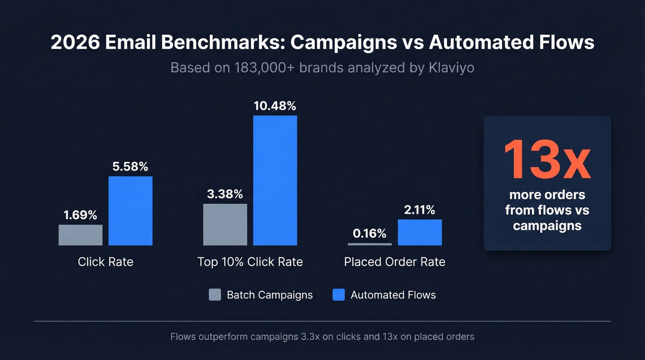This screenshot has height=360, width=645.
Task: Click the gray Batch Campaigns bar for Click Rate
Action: (81, 235)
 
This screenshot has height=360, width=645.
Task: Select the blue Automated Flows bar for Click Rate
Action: (130, 211)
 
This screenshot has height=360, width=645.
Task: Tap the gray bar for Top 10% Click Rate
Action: (225, 224)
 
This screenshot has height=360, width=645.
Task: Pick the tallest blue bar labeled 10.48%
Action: (275, 180)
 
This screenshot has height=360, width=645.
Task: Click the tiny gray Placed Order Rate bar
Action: (369, 244)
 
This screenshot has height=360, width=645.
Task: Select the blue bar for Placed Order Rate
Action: (420, 232)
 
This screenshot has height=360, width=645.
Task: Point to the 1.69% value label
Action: (80, 215)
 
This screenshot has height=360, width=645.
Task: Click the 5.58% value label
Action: (130, 166)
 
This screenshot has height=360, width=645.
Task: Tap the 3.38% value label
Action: (225, 194)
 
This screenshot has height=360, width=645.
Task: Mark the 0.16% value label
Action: (369, 234)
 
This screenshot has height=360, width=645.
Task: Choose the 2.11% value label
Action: (419, 210)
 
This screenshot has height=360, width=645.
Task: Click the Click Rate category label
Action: (106, 262)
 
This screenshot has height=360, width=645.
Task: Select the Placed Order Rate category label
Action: (394, 262)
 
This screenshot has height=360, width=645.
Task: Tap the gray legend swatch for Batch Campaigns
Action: (215, 295)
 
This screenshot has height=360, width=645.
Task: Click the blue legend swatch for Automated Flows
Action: (339, 295)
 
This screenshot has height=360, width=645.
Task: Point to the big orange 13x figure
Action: (547, 159)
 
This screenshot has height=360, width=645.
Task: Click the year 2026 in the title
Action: (75, 43)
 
